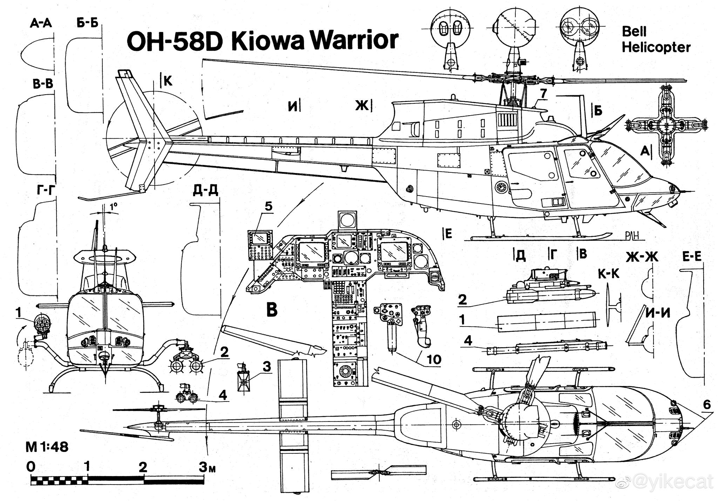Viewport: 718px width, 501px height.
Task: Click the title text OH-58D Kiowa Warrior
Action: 262,41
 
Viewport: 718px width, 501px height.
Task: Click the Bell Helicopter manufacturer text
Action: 656,39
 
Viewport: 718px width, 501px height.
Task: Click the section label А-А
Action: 41,23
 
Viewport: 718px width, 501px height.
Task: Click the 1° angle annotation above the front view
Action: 113,207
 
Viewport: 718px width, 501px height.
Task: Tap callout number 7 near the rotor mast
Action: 543,94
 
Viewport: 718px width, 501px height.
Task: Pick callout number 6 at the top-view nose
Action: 706,405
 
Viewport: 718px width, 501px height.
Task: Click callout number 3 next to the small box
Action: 267,367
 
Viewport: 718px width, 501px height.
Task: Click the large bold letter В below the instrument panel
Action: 272,310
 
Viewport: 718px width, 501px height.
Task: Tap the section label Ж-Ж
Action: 642,257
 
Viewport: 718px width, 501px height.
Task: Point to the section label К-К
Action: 608,274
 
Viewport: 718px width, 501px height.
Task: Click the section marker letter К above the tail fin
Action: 168,81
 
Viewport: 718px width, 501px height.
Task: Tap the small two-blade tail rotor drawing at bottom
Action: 379,472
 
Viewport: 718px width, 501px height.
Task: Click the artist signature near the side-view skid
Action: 634,236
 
